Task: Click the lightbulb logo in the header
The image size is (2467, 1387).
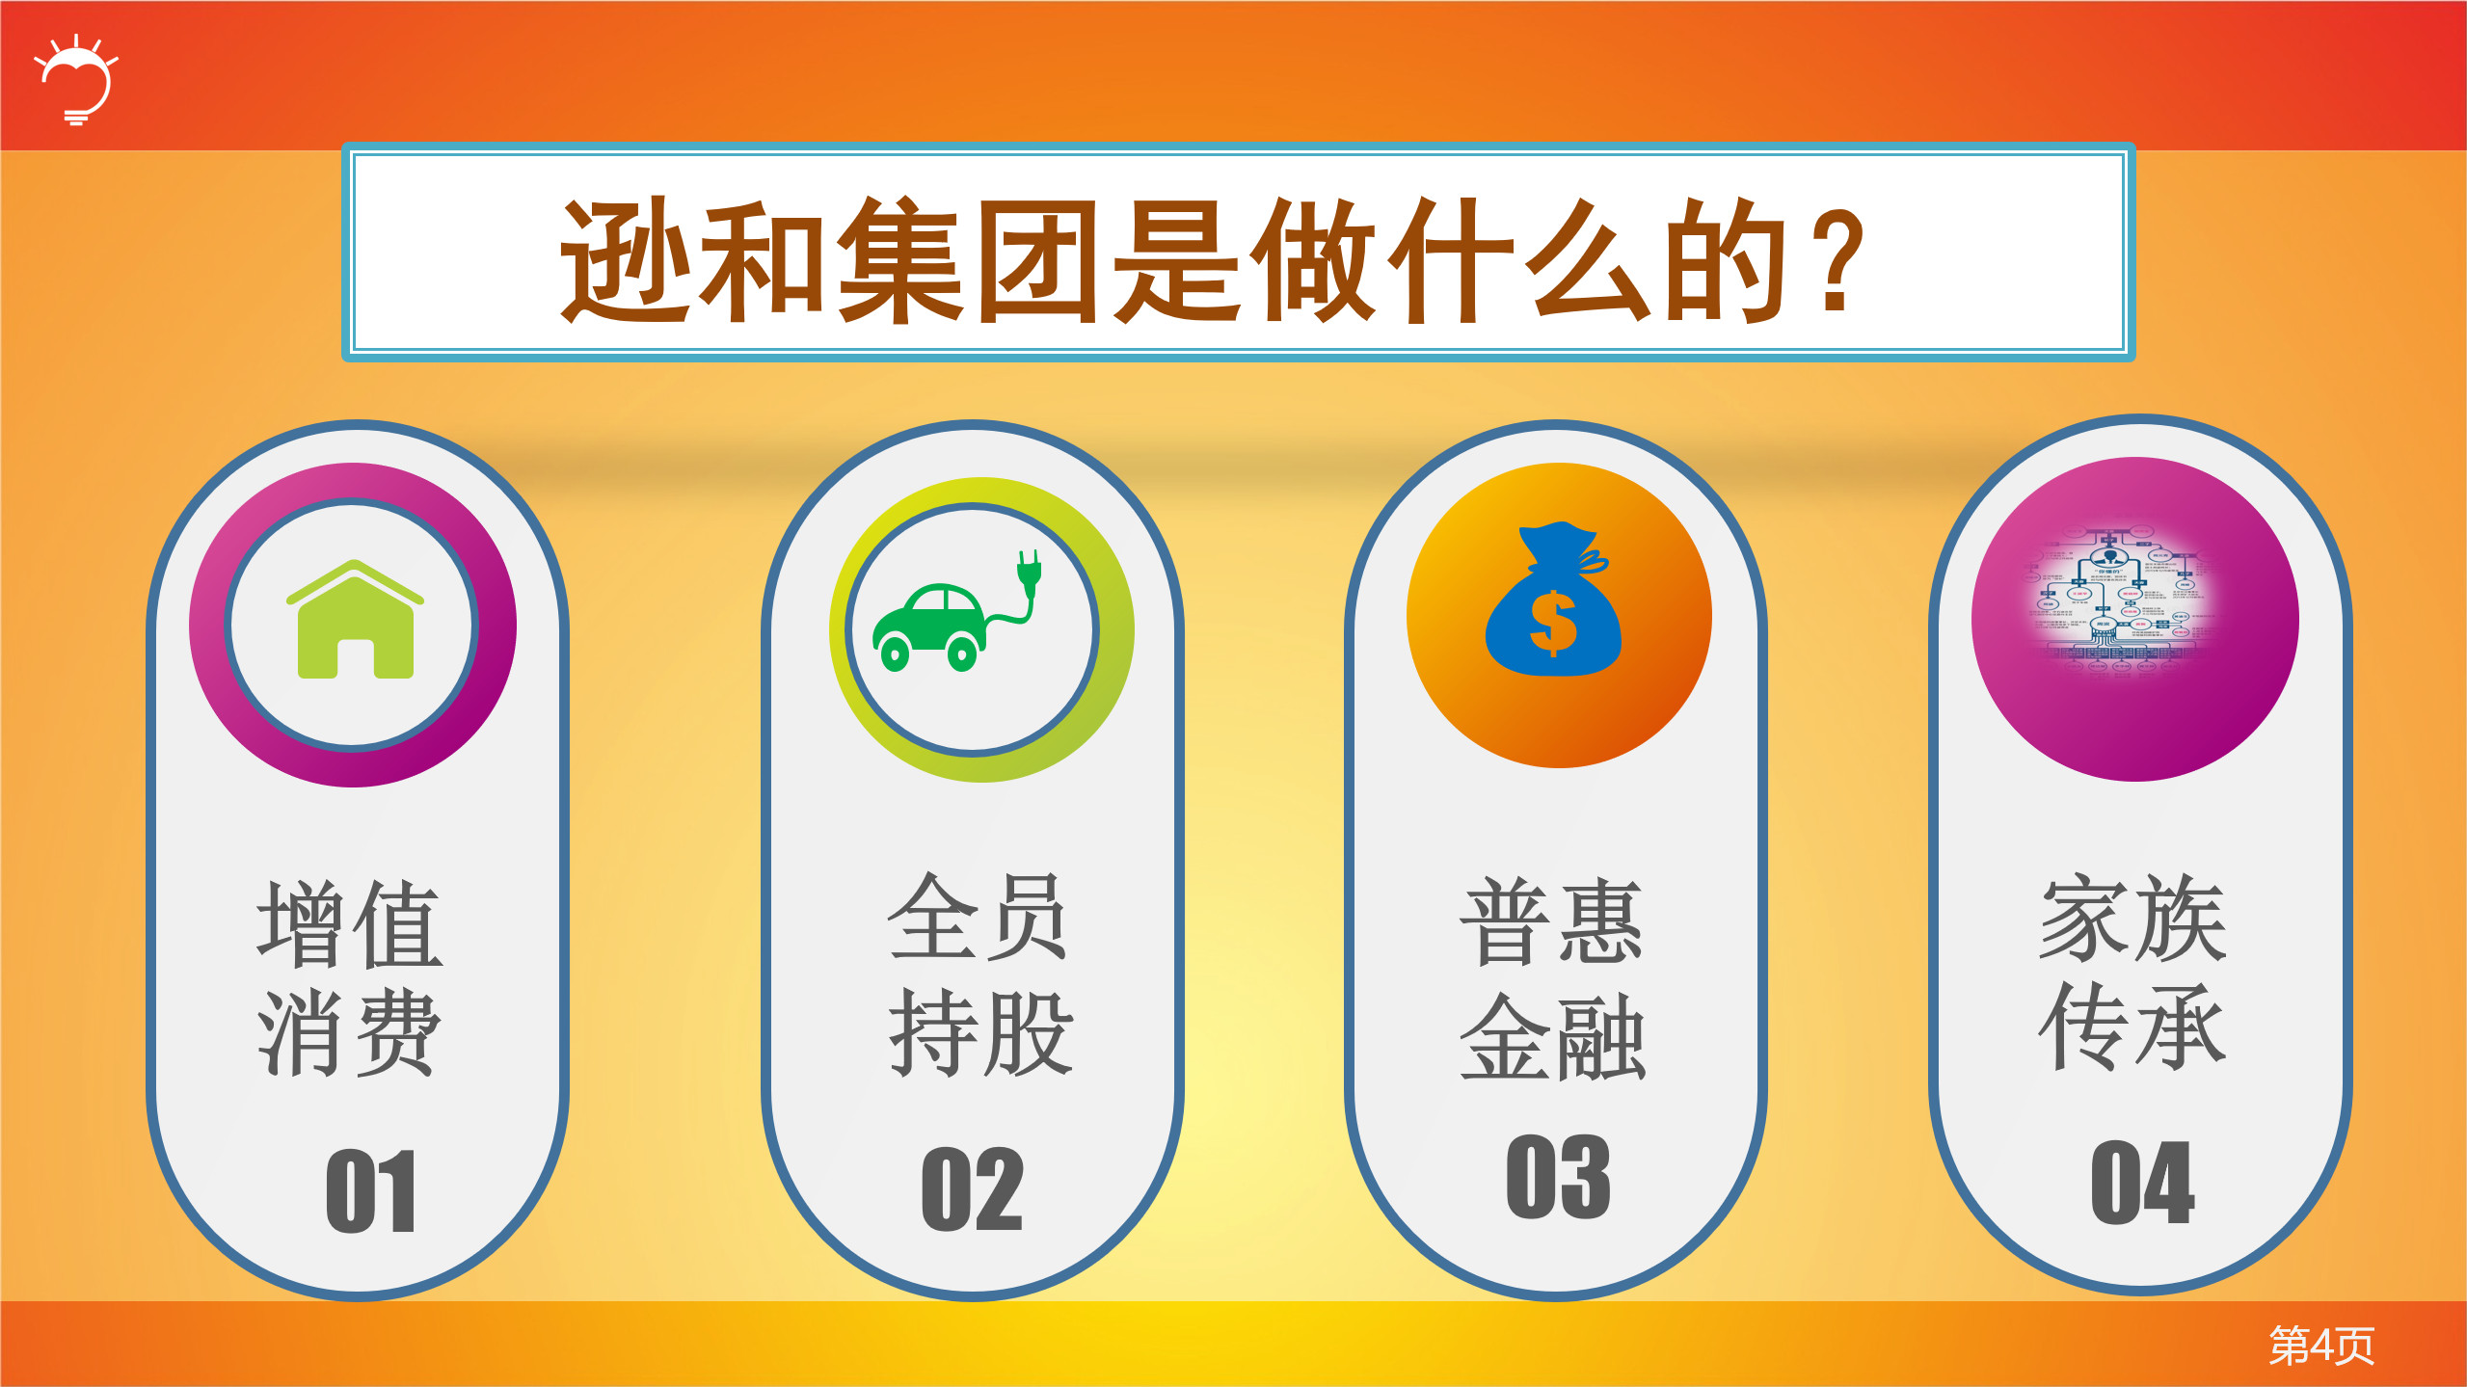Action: click(77, 80)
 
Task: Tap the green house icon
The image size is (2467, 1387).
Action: click(355, 620)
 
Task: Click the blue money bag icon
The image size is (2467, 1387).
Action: click(1553, 601)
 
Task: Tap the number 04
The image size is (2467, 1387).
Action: click(2142, 1182)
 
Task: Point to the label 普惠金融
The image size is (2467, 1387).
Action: click(1552, 977)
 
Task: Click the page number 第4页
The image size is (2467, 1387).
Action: click(2320, 1346)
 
